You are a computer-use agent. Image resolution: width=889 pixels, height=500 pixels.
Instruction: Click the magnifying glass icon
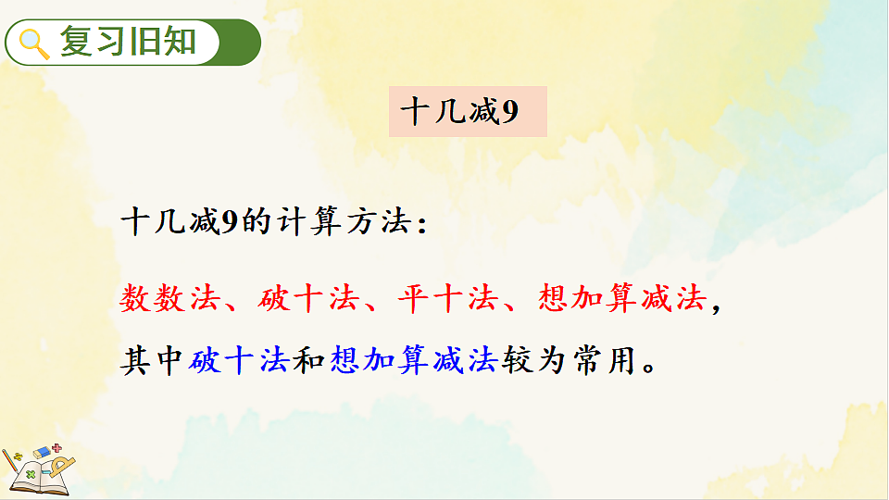pos(34,43)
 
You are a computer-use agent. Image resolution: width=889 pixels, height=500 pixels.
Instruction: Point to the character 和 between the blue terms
pos(308,358)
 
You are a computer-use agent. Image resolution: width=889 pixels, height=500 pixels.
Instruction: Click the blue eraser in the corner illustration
pos(42,452)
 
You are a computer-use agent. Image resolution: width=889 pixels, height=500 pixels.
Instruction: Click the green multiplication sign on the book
pos(31,475)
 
